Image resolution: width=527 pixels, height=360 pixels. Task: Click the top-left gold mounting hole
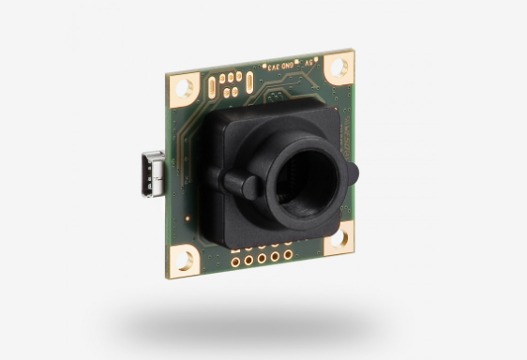coord(186,86)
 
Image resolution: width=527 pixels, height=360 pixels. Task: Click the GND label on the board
coord(282,67)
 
